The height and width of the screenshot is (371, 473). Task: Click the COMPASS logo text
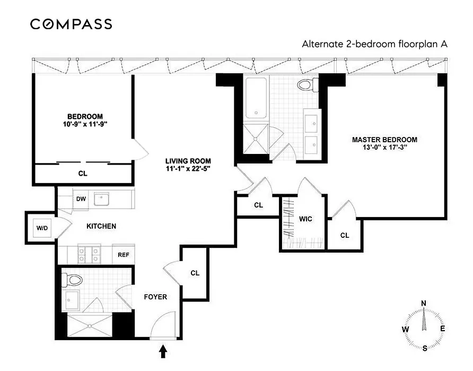71,24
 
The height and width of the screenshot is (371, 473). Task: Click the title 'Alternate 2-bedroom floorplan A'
374,44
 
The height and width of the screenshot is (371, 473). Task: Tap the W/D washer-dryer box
42,228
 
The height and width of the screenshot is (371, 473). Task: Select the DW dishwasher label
81,199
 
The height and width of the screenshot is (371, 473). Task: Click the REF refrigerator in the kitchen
123,254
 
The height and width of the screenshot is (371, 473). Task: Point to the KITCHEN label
101,226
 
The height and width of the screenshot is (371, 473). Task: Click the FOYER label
155,297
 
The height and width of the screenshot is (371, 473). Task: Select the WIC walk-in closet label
305,218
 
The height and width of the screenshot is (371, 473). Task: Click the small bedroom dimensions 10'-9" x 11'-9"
85,125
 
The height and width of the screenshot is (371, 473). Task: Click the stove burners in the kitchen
85,254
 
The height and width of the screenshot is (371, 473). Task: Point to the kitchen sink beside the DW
101,199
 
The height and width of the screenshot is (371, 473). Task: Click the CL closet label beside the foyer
195,273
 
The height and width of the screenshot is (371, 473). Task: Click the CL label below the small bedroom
83,173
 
